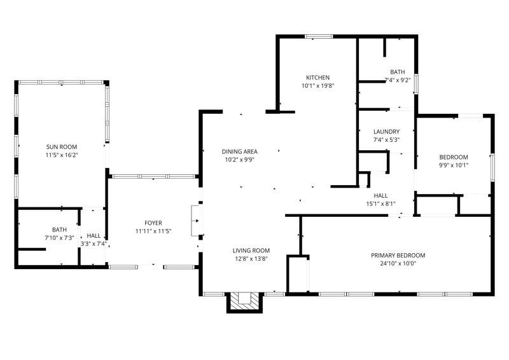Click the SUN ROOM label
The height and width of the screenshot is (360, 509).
click(x=62, y=147)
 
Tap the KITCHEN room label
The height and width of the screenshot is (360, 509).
click(x=317, y=78)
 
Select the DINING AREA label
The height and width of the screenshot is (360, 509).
click(x=240, y=151)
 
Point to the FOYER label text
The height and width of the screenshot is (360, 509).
click(x=153, y=223)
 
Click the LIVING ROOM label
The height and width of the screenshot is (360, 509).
click(x=251, y=251)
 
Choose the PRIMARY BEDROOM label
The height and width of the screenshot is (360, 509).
click(x=398, y=256)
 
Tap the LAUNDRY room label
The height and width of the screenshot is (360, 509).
click(x=386, y=132)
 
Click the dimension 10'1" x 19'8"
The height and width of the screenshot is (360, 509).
click(x=317, y=86)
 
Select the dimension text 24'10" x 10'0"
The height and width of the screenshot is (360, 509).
click(x=398, y=263)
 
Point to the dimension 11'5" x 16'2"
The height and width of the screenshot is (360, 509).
click(x=62, y=155)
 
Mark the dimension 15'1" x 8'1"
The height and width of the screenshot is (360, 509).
click(x=380, y=204)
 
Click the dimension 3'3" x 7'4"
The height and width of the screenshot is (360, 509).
click(x=94, y=244)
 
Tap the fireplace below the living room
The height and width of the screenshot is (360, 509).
click(x=244, y=303)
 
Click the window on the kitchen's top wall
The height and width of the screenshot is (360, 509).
click(x=319, y=37)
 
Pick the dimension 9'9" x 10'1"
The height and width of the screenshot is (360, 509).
click(x=454, y=165)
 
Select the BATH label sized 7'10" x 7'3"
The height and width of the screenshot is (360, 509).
click(x=59, y=230)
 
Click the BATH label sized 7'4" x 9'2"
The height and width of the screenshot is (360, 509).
click(x=397, y=72)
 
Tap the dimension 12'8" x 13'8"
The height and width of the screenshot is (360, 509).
click(x=251, y=259)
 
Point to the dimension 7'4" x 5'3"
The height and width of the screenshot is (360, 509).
click(x=386, y=140)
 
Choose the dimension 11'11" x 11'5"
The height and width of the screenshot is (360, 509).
click(x=153, y=231)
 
